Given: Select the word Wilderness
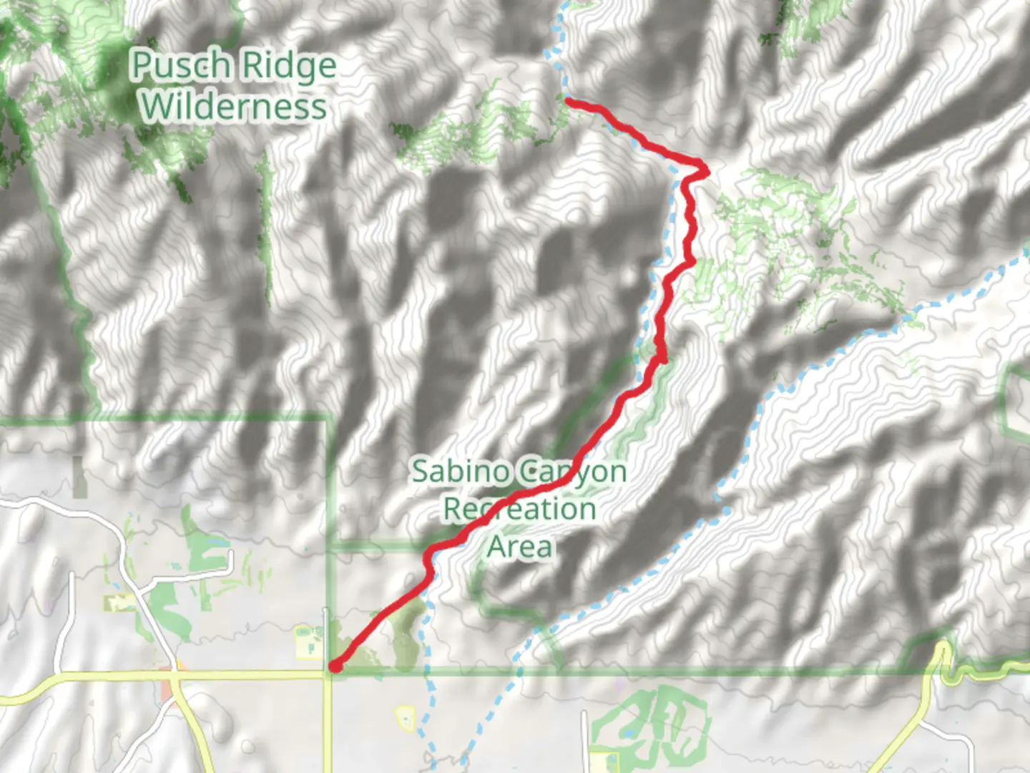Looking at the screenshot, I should [234, 107].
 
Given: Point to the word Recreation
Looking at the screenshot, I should [519, 510].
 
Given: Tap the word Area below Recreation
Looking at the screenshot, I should [520, 547].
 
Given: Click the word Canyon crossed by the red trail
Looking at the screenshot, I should [572, 472].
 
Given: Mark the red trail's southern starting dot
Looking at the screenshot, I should [333, 667].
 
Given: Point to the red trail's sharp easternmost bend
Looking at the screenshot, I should [705, 170].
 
